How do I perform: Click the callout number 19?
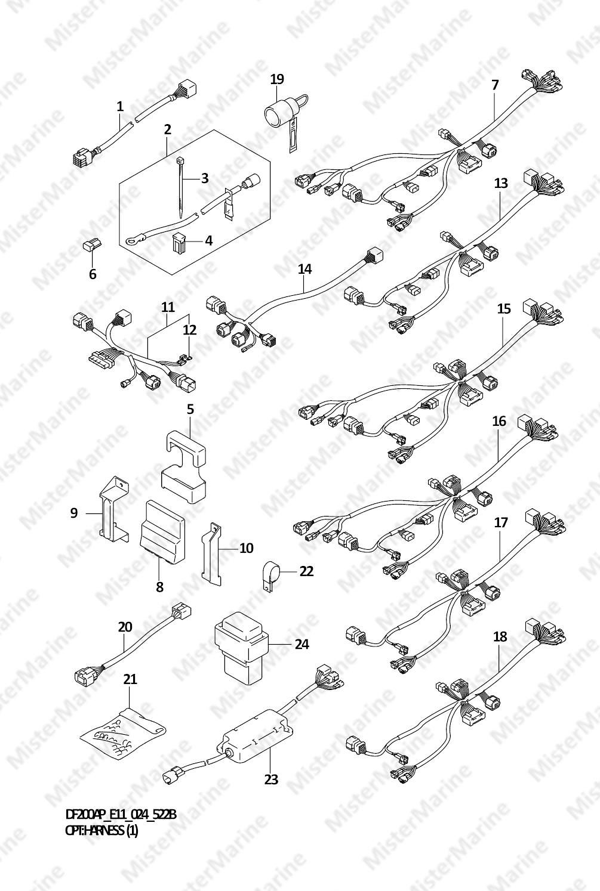(x=277, y=79)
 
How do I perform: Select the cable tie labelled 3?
(x=180, y=187)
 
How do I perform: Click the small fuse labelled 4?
(x=177, y=242)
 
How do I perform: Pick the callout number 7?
(x=495, y=85)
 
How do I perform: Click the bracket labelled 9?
(x=113, y=509)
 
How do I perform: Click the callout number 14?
(x=304, y=270)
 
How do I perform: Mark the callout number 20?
(x=125, y=627)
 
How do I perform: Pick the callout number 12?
(x=190, y=330)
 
